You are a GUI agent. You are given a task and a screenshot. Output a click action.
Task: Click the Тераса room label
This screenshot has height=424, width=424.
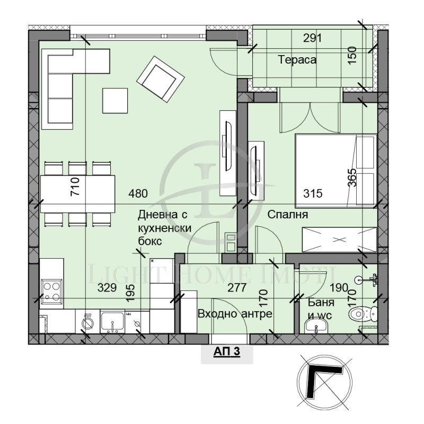click(297, 60)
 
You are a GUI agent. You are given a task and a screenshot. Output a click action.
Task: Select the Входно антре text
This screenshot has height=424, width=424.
click(235, 314)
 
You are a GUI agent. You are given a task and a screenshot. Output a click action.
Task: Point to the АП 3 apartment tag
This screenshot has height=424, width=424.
click(227, 352)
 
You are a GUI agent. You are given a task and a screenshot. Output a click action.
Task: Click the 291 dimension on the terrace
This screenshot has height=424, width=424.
click(312, 38)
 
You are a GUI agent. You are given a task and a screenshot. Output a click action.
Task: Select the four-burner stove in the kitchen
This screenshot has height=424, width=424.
click(51, 289)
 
